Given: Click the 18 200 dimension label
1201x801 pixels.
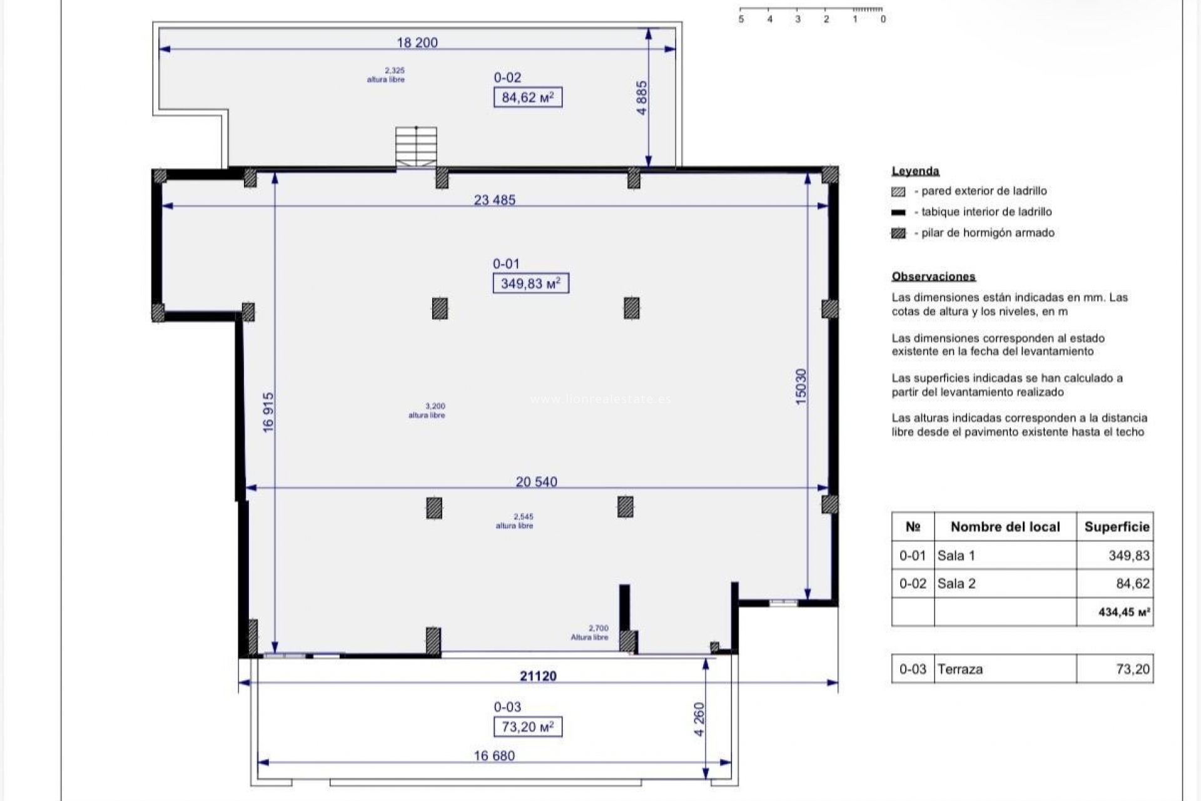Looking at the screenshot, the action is [417, 43].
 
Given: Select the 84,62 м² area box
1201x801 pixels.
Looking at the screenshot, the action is [528, 98].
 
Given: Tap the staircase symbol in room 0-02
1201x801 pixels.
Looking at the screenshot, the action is [416, 148].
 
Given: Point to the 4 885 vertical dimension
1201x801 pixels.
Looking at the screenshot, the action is [642, 98].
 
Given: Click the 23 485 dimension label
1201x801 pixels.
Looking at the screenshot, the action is [495, 200].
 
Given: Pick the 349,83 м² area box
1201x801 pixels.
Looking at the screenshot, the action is [531, 283].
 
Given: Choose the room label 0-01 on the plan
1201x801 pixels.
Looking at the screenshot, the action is [506, 264].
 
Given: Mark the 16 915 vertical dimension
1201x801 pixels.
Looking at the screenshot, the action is [268, 412].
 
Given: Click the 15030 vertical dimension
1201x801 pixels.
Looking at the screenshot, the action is [801, 387].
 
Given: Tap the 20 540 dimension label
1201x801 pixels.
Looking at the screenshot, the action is [537, 482].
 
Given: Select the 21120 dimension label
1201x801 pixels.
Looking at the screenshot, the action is [538, 676].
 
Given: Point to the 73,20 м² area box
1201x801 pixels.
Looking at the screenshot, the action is [528, 727].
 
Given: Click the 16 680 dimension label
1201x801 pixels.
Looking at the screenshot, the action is [494, 756].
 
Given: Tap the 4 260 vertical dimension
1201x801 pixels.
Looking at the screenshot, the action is [699, 720].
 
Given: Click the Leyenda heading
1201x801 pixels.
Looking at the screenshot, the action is [916, 171].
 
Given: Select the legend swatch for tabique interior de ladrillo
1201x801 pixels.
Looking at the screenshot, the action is [898, 212].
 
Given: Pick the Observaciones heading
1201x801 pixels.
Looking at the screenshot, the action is [934, 277].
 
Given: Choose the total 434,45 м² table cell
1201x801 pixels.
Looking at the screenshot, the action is [1115, 612].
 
